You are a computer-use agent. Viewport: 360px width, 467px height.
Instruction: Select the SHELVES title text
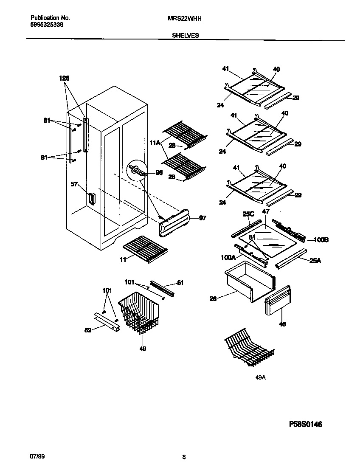[x=186, y=36]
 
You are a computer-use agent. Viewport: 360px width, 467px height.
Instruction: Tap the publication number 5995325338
[x=47, y=25]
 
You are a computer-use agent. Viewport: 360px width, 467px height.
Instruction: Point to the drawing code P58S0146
[x=306, y=424]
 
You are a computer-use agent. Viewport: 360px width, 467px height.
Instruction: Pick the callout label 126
[x=64, y=78]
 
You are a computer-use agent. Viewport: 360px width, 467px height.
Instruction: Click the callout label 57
[x=74, y=184]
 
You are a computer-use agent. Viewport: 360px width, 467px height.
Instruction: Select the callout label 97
[x=202, y=218]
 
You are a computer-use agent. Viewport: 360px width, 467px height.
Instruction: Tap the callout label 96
[x=159, y=172]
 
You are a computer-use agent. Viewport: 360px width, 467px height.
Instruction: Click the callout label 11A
[x=155, y=143]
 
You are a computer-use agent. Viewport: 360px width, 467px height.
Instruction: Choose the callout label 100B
[x=321, y=240]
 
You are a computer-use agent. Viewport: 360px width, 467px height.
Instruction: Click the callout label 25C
[x=248, y=214]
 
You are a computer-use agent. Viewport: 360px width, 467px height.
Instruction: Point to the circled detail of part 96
[x=137, y=170]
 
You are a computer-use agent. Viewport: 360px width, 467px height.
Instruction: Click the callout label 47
[x=266, y=211]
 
